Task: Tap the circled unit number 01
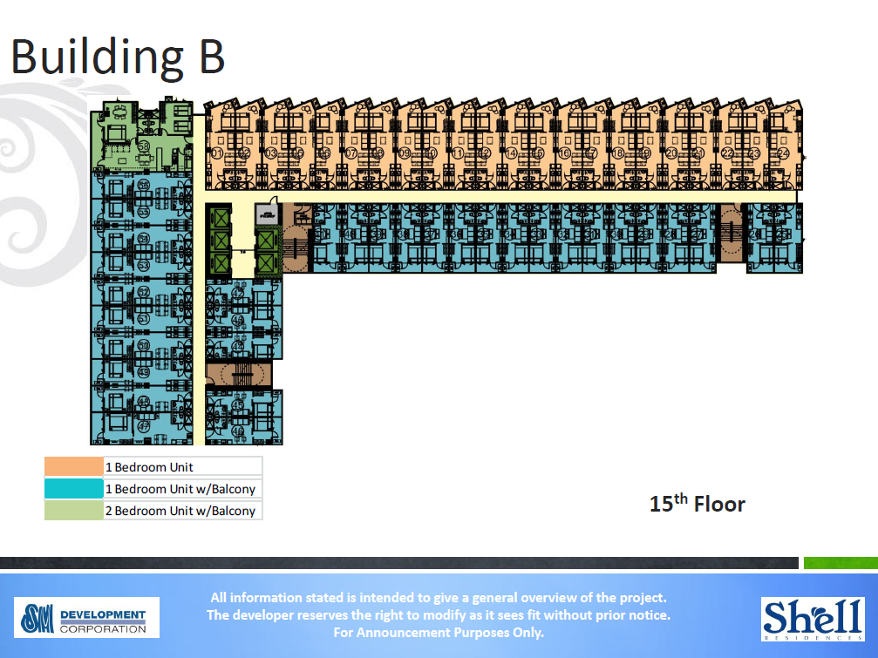(215, 153)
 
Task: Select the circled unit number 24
(783, 153)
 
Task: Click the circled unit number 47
(143, 426)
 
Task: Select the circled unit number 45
(238, 407)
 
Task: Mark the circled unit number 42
(238, 294)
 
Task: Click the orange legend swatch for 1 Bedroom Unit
(73, 467)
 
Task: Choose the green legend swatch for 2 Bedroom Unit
(73, 511)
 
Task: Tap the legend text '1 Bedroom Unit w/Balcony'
(180, 489)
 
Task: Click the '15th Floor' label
(697, 504)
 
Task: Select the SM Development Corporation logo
(86, 617)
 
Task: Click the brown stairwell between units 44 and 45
(238, 376)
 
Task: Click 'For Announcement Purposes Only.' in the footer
(439, 633)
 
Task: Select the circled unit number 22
(726, 153)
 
